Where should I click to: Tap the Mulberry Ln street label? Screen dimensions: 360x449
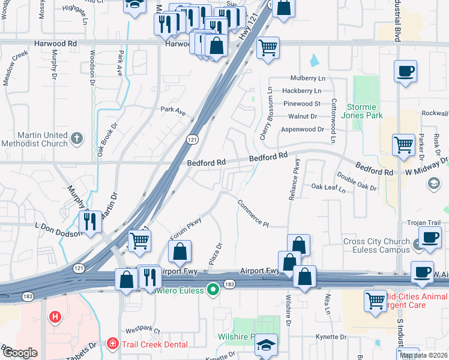pos(307,79)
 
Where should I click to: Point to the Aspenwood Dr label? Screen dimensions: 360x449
pos(303,129)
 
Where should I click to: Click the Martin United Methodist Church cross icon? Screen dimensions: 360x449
pos(76,139)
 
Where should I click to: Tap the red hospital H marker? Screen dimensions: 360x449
pos(55,316)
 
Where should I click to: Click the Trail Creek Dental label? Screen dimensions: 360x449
pos(155,344)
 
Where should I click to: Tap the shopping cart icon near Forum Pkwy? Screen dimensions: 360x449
pos(139,241)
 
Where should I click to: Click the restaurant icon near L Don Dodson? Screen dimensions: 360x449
pos(90,221)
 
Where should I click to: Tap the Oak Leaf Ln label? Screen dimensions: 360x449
pos(328,187)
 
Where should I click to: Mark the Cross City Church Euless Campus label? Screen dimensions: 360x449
pos(376,245)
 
